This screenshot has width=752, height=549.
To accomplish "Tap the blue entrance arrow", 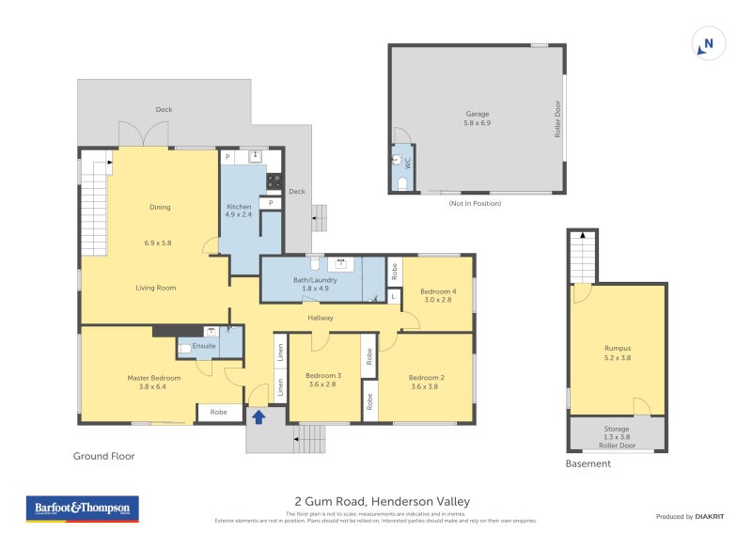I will tap(258, 416).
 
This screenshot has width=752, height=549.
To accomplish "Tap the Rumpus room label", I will tap(618, 348).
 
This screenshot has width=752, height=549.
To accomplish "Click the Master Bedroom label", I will tap(154, 377).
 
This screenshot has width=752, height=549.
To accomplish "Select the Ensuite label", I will tap(204, 346).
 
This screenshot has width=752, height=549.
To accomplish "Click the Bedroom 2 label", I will tap(426, 377).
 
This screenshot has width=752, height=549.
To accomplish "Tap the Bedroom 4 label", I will tap(438, 290).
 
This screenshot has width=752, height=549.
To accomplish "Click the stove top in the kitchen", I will tap(274, 181).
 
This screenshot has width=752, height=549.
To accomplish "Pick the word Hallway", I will tap(321, 318).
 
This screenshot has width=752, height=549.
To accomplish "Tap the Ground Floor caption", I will tap(104, 456).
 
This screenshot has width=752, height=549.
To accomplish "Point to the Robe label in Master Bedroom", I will tap(218, 412).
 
